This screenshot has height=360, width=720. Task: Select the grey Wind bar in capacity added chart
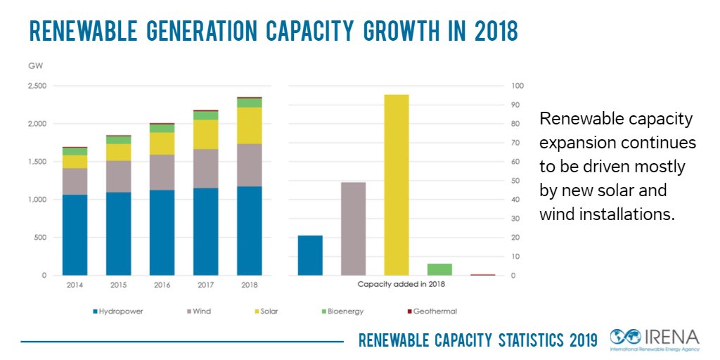[x=354, y=229]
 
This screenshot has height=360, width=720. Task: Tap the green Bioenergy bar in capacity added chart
[x=439, y=269]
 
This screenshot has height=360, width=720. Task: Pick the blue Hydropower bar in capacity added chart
[x=310, y=255]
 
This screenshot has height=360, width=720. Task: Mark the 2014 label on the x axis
[x=75, y=285]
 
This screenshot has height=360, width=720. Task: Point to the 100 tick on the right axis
[x=517, y=86]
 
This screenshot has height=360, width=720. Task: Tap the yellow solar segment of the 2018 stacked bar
[x=249, y=125]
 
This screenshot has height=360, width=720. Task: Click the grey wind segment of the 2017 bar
[x=205, y=168]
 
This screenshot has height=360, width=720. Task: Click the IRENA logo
[x=655, y=340]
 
